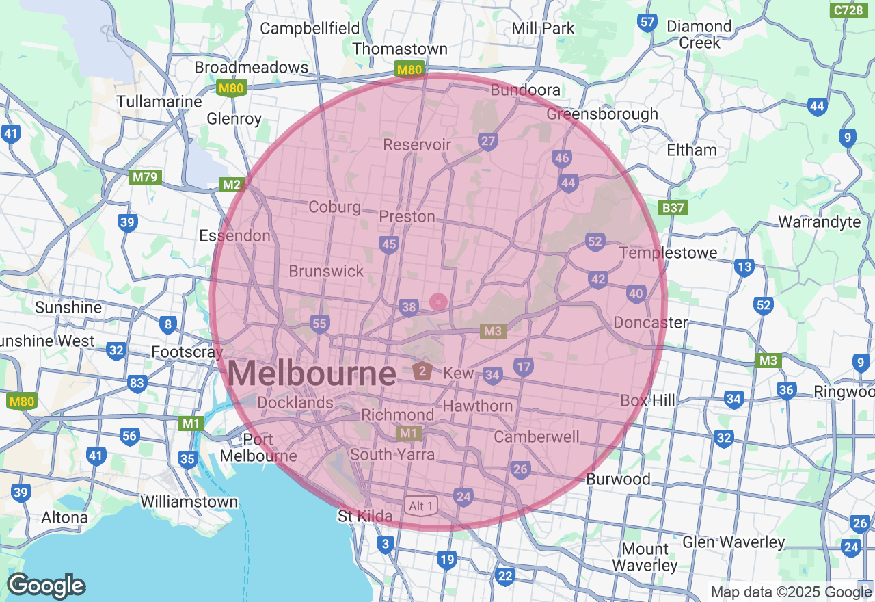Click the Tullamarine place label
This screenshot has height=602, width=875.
pos(159,101)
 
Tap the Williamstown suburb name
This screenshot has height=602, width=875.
pos(189,501)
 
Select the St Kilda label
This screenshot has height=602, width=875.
pos(366,516)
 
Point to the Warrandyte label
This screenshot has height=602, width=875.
pos(820,222)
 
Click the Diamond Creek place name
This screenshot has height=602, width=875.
pos(699,34)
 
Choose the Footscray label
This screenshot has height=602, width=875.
pos(187,352)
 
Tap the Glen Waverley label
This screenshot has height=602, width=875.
pos(733,542)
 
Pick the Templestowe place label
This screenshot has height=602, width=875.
pos(669,252)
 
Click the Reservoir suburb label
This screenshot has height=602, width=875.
pos(417,144)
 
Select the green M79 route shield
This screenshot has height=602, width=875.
pos(145,177)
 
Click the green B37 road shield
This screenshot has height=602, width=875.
pos(673,207)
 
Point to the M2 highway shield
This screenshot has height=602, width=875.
pos(232,185)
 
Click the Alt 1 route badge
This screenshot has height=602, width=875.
pos(420,506)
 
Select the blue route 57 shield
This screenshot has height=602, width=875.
pos(647,23)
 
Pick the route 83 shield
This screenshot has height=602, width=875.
pos(137,383)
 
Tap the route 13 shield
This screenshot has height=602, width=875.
pos(744,267)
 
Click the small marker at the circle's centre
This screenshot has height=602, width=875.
pos(438,302)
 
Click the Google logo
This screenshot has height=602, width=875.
pos(46,586)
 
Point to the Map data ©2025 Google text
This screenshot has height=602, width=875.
pos(791,592)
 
